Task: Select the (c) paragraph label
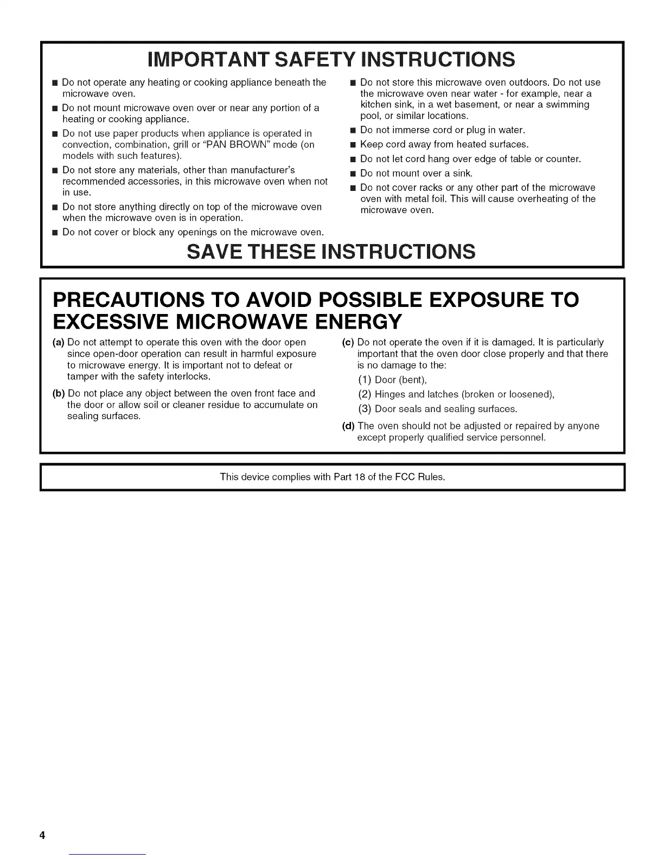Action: [348, 342]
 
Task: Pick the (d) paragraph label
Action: [348, 426]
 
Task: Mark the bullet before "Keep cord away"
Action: [352, 145]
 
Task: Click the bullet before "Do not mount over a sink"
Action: [352, 174]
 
